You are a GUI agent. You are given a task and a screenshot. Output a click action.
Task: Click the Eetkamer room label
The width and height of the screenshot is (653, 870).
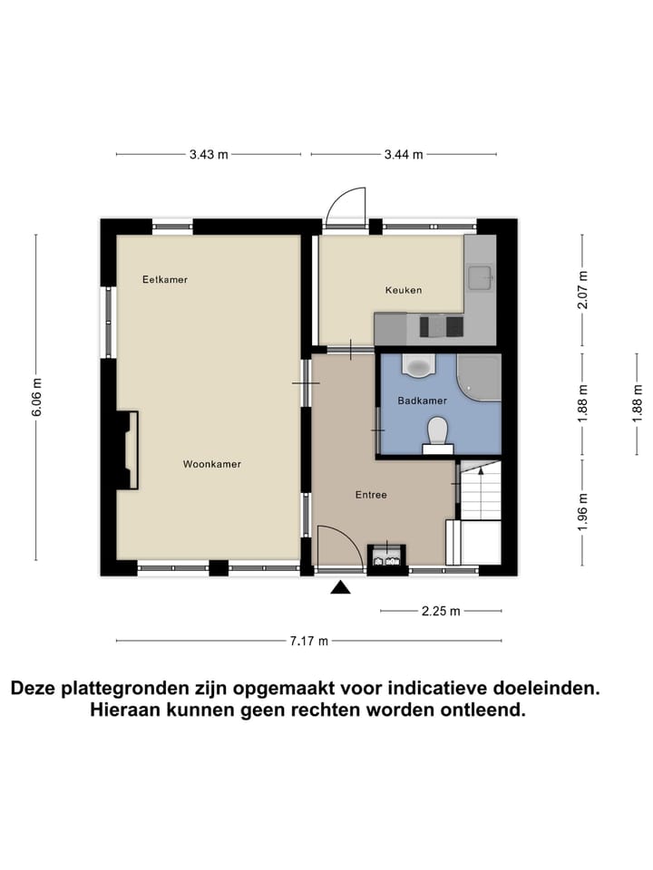pyautogui.click(x=165, y=280)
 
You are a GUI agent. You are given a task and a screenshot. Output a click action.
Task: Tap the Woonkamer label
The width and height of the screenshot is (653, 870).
pyautogui.click(x=212, y=464)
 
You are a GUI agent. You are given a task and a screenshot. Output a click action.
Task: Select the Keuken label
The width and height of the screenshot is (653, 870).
pyautogui.click(x=404, y=290)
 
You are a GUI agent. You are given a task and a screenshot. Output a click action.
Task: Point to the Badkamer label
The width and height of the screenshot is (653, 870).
pyautogui.click(x=422, y=401)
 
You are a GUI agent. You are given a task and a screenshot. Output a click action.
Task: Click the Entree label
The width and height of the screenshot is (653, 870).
pyautogui.click(x=371, y=495)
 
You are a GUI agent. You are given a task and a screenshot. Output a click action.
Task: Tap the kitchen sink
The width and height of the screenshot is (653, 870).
pyautogui.click(x=480, y=278)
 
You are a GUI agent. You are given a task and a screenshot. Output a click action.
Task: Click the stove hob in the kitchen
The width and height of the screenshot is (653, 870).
pyautogui.click(x=442, y=326)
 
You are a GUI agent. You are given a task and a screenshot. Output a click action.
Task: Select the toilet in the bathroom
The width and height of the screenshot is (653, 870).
pyautogui.click(x=438, y=434)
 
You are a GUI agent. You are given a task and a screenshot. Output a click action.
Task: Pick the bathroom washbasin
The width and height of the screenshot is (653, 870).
pyautogui.click(x=417, y=365)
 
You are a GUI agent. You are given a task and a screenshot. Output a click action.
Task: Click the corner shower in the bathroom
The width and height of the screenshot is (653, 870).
pyautogui.click(x=479, y=377)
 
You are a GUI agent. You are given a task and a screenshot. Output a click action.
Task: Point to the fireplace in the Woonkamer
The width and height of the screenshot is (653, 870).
pyautogui.click(x=127, y=450)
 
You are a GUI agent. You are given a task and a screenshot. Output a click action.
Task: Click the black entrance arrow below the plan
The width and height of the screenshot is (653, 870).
pyautogui.click(x=340, y=587)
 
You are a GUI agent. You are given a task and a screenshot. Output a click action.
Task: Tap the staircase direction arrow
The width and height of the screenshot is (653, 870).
pyautogui.click(x=481, y=470)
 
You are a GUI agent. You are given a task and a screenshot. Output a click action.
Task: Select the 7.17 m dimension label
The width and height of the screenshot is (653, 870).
pyautogui.click(x=308, y=642)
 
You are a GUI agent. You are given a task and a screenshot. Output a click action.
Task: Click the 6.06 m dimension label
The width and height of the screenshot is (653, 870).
pyautogui.click(x=36, y=397)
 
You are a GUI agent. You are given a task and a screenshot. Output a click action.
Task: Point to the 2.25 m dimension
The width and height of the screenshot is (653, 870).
pyautogui.click(x=441, y=612)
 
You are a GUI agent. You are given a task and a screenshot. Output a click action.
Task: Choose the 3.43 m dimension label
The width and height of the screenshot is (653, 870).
pyautogui.click(x=209, y=155)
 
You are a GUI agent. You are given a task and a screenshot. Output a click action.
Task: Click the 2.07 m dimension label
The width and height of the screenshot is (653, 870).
pyautogui.click(x=582, y=290)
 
